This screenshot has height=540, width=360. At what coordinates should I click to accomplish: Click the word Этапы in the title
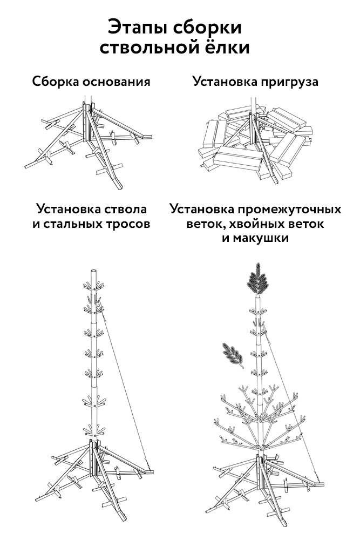pos(138,27)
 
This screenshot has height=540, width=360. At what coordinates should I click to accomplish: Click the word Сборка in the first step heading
pos(56,82)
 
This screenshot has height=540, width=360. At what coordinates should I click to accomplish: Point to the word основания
pos(117,82)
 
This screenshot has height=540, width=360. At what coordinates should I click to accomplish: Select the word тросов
pos(128,224)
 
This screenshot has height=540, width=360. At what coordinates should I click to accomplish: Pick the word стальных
pos(72,224)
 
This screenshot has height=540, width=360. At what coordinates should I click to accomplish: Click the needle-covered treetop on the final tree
pos(257,279)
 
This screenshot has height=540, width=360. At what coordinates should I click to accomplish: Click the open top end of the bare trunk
pos(93,271)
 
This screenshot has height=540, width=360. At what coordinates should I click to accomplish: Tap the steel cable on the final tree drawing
pos(291,402)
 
